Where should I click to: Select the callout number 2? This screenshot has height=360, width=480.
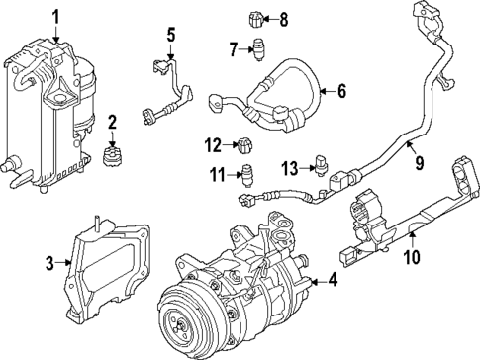[x=112, y=123]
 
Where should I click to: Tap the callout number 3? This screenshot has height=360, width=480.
[x=49, y=263]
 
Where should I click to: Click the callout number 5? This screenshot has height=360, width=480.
[x=170, y=37]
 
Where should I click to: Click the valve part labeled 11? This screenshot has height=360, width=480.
[x=248, y=177]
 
